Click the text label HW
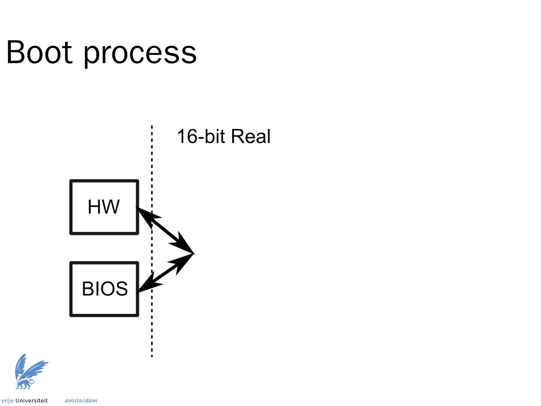(x=104, y=207)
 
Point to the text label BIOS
(x=105, y=289)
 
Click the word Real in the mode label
(x=251, y=136)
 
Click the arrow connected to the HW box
(x=165, y=230)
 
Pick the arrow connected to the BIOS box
(x=165, y=273)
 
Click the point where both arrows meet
(x=192, y=254)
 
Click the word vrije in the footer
(x=7, y=400)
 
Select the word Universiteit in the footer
(x=32, y=400)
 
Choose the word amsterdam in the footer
(x=81, y=400)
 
